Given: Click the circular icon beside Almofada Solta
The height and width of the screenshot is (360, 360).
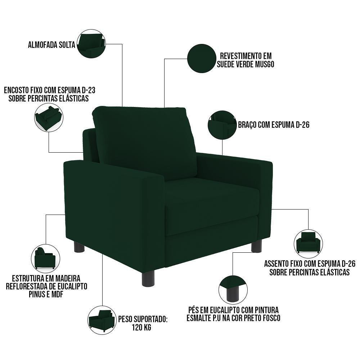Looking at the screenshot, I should pos(91,44).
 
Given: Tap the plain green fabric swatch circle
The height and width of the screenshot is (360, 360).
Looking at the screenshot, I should pos(202,58).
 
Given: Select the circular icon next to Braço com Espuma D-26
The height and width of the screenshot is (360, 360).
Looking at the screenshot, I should pos(222,125).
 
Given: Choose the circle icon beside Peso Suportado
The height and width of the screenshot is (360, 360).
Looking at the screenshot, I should pos(102,320).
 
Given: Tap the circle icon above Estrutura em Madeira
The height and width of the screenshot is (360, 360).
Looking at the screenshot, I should pos(45,258).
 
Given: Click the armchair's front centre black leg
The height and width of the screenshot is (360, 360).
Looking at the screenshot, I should pos(148,278).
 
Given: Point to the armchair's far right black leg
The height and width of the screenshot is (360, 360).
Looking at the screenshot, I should pos(256,246).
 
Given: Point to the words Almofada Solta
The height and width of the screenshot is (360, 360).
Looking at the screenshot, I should pos(51,45).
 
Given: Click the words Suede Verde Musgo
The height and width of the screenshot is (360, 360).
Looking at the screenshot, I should pos(246,64).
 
